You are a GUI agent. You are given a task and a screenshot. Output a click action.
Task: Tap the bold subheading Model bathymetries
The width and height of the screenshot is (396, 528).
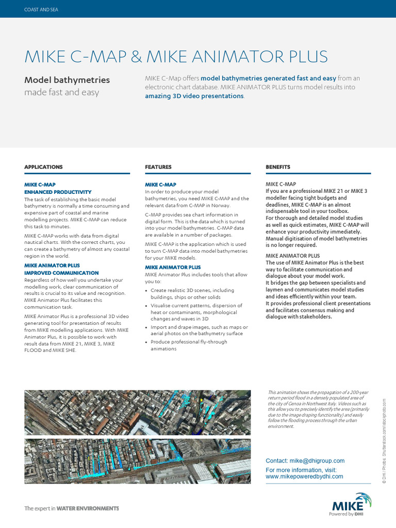click(67, 80)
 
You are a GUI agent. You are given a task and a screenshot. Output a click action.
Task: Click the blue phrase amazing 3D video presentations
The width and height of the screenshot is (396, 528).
click(194, 96)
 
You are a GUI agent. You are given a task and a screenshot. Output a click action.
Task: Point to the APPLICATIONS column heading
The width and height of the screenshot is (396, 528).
click(43, 167)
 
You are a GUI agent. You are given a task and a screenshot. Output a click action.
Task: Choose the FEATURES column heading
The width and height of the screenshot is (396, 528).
click(158, 167)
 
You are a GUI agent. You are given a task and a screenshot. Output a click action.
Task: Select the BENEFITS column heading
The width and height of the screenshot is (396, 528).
click(278, 167)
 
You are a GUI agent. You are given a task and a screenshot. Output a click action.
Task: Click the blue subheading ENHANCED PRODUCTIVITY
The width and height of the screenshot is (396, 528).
click(58, 192)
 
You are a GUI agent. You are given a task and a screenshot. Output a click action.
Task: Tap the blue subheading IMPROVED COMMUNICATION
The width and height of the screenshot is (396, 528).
click(61, 273)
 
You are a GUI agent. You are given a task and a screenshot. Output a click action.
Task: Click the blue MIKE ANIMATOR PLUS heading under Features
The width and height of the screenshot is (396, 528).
click(173, 268)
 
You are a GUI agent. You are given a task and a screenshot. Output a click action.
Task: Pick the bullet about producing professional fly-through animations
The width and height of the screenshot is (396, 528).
click(188, 345)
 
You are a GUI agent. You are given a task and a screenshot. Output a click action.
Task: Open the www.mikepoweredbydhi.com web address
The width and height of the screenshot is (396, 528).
click(304, 476)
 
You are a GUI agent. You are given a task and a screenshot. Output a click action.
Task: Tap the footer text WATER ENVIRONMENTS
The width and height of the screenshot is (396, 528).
click(88, 508)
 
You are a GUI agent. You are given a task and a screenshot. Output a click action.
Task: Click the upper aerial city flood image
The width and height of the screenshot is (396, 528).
click(137, 411)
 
